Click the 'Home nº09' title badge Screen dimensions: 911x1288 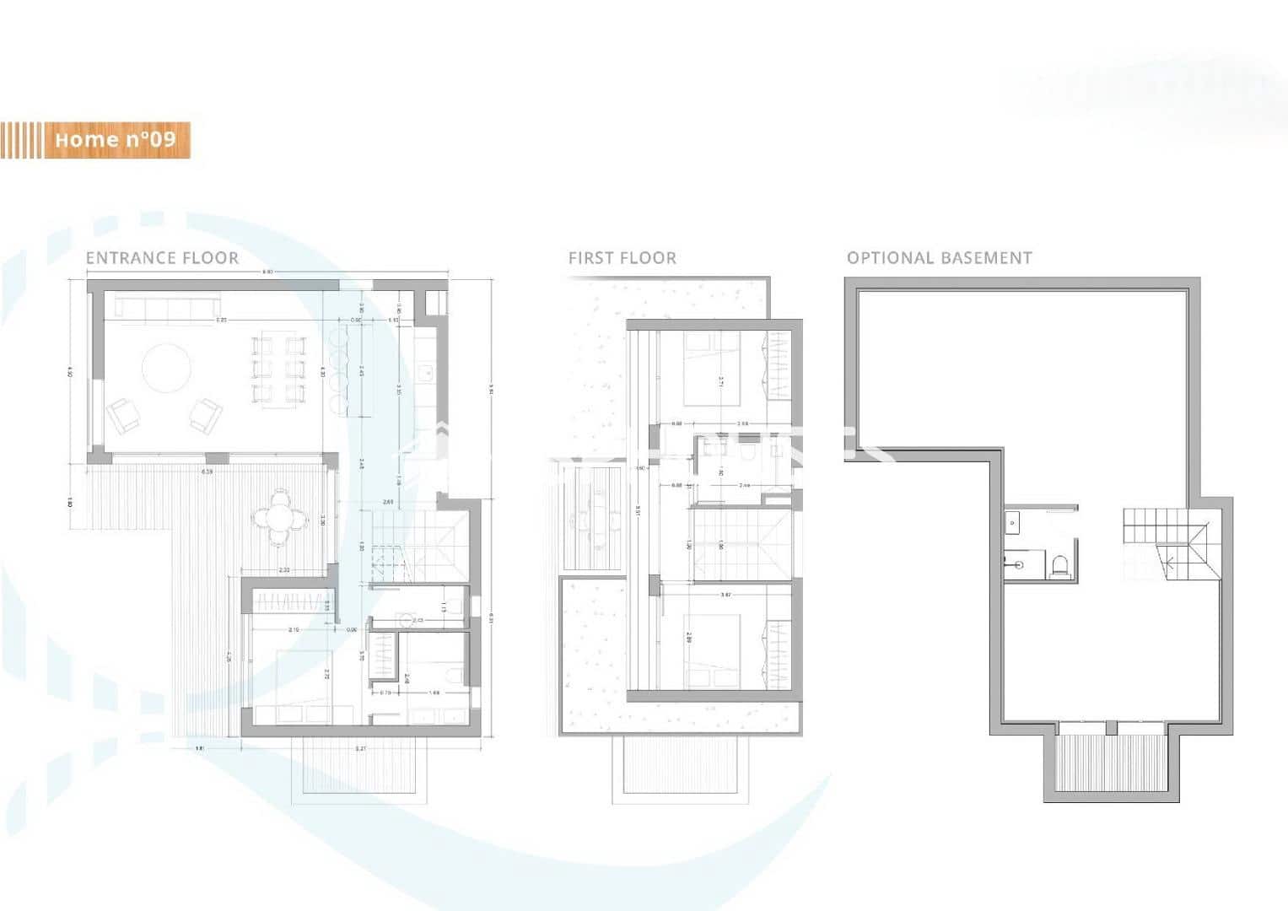[x=115, y=139]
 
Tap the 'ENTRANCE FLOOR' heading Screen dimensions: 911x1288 [x=162, y=258]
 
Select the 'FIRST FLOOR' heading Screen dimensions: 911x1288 [x=622, y=258]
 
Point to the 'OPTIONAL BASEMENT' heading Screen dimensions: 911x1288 [x=939, y=258]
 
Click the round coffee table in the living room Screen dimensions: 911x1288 [x=166, y=368]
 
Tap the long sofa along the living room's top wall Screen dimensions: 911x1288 [x=168, y=308]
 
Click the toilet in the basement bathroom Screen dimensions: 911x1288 [x=1059, y=565]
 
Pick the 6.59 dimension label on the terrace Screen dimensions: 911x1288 [x=207, y=471]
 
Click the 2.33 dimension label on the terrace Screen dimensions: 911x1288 [x=284, y=571]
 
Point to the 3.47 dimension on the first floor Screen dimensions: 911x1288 [x=725, y=596]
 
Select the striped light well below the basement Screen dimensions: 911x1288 [x=1109, y=762]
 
